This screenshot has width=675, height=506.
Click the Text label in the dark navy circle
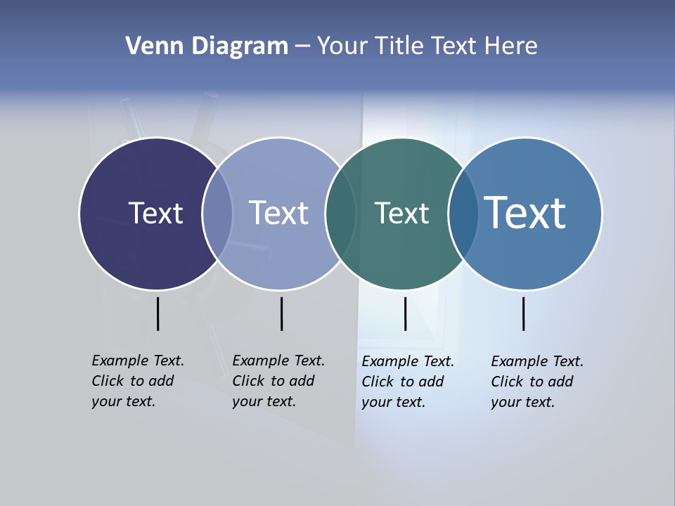point(155,213)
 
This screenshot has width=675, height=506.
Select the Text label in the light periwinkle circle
point(278,213)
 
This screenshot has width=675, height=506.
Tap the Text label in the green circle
point(401,213)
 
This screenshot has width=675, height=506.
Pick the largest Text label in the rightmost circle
point(525,212)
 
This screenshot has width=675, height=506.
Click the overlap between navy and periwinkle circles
point(217,214)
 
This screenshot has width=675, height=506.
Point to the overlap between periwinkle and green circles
point(340,214)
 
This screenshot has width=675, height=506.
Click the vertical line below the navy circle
point(157,313)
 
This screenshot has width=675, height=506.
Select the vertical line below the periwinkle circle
point(281,313)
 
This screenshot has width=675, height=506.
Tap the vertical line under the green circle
point(405,313)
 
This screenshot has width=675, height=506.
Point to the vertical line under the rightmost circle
point(523,313)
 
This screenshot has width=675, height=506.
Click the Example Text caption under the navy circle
point(137,381)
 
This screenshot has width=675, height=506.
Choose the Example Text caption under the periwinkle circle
point(278,381)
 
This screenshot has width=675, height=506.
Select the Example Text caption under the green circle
point(407,382)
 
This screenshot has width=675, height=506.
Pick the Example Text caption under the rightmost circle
point(536,382)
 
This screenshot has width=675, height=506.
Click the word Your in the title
point(342,46)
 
